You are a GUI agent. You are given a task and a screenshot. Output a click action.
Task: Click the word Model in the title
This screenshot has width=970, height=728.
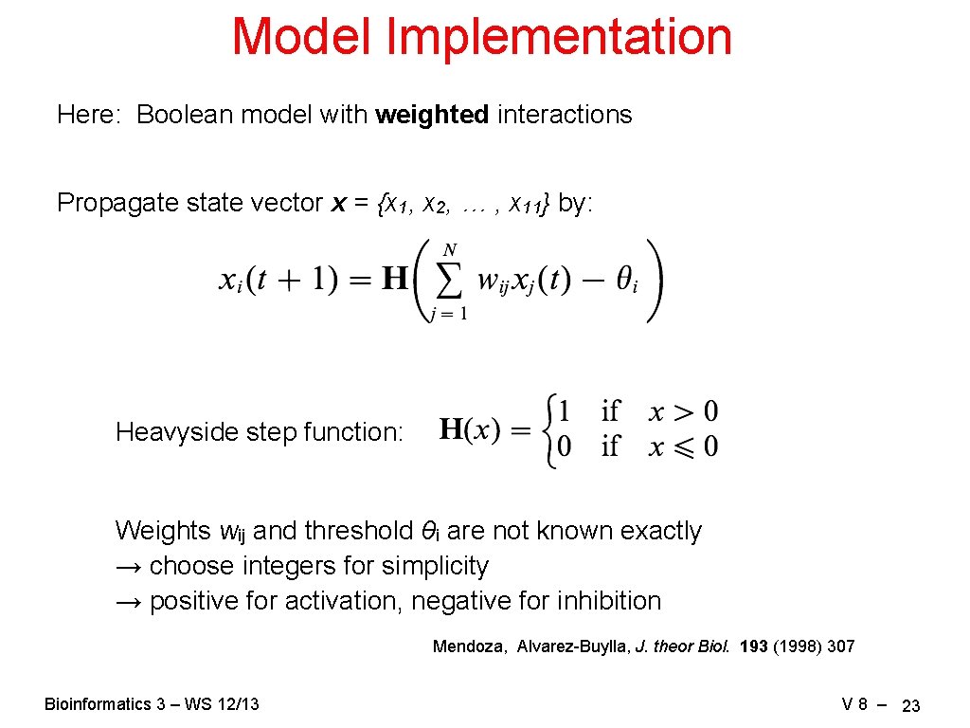(302, 37)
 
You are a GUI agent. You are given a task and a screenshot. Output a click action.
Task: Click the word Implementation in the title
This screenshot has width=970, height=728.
(559, 37)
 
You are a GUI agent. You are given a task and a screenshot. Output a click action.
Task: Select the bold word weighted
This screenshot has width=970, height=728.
(432, 115)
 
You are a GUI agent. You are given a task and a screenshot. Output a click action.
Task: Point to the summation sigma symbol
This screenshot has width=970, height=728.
(450, 281)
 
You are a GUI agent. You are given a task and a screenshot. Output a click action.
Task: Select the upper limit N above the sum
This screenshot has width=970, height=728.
(450, 249)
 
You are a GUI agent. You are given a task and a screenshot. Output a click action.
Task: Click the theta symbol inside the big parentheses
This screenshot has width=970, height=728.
(625, 282)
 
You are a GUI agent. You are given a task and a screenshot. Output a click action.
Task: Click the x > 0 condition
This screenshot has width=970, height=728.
(683, 412)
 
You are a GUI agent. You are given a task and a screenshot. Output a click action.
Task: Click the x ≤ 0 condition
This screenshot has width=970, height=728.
(683, 446)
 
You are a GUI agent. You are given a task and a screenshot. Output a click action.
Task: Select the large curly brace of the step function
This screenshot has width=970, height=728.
(547, 431)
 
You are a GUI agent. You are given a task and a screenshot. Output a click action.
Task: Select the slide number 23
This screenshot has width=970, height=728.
(911, 706)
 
